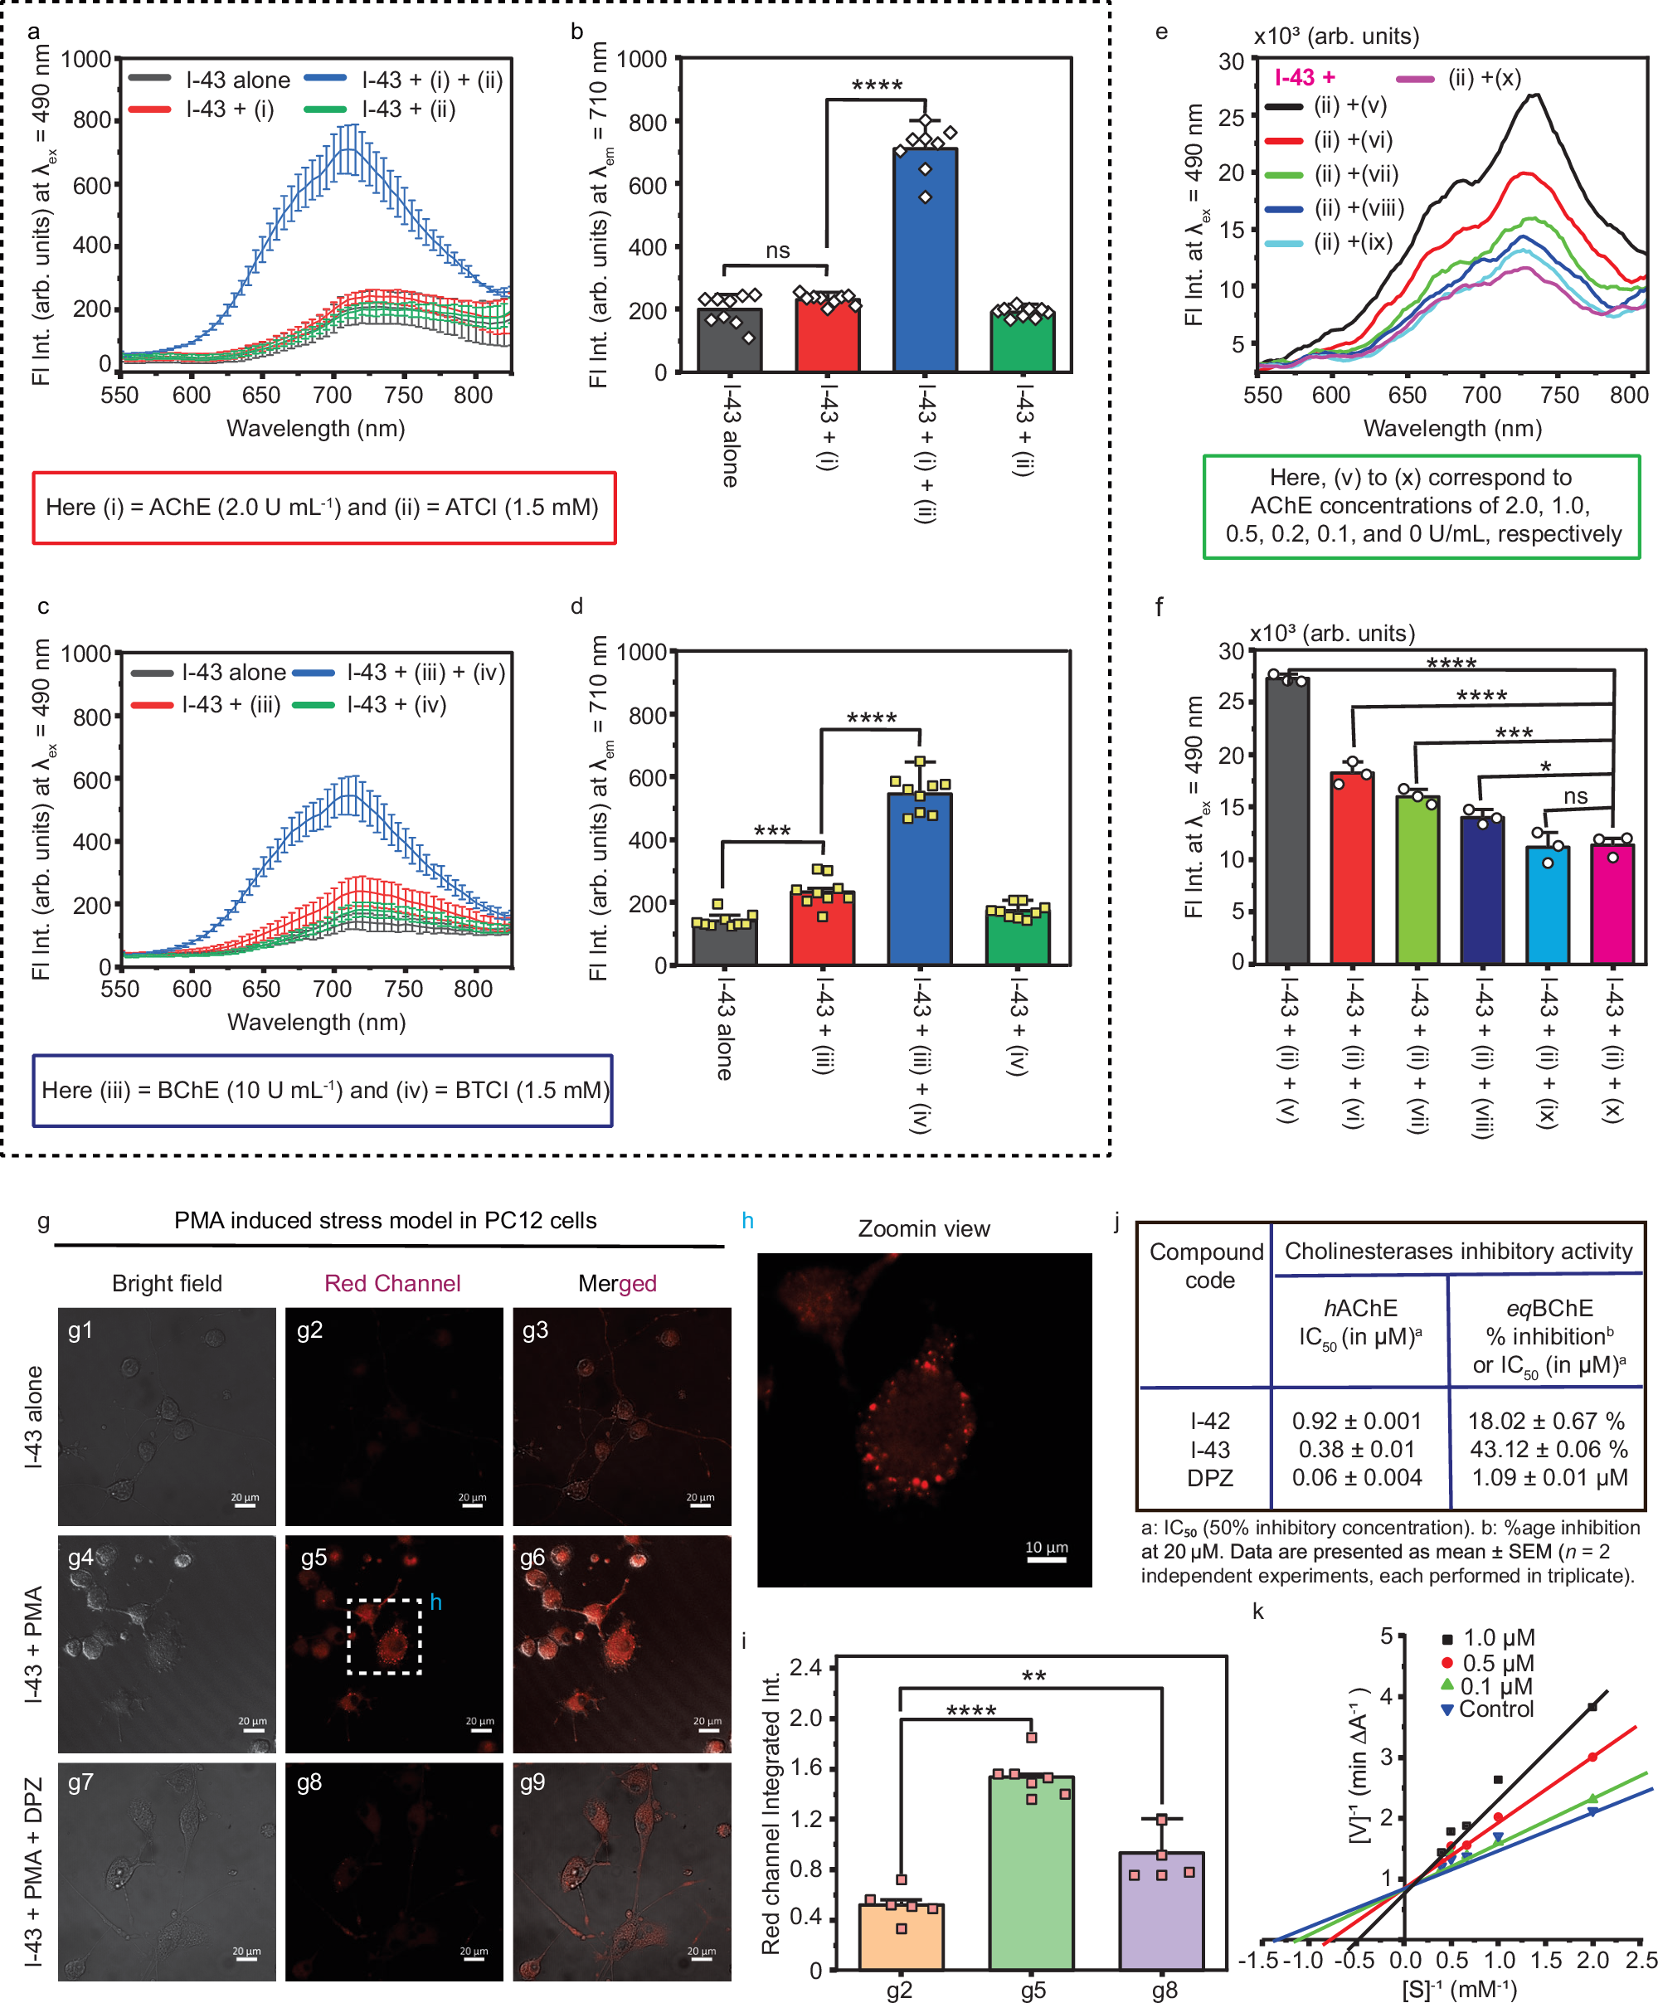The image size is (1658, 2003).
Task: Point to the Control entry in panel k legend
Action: coord(1495,1709)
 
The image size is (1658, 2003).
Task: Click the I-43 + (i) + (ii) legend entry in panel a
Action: coord(431,80)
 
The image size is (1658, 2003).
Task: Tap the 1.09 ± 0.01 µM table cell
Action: coord(1549,1477)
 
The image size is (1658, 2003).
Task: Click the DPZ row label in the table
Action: coord(1208,1477)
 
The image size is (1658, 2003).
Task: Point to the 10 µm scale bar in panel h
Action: coord(1046,1560)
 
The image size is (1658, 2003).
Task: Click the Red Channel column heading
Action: coord(392,1283)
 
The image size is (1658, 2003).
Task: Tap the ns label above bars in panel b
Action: coord(776,250)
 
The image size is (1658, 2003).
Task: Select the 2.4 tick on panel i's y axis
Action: coord(806,1668)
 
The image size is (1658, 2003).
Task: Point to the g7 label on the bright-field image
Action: coord(80,1782)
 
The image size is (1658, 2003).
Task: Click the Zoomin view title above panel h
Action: coord(922,1228)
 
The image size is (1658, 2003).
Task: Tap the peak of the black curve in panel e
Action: coord(1534,95)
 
